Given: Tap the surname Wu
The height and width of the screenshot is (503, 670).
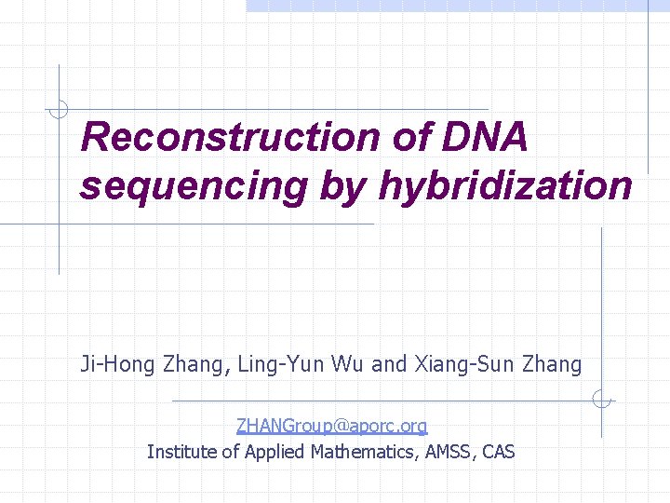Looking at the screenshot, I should click(344, 364).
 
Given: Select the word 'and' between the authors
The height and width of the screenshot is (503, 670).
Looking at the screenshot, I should click(389, 364).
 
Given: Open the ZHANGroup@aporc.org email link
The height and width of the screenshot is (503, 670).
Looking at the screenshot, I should click(331, 427).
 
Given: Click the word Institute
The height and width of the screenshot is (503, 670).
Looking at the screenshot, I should click(181, 453).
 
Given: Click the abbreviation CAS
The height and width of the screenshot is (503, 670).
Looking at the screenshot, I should click(499, 453).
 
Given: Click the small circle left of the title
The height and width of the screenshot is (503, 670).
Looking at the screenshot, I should click(59, 110).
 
